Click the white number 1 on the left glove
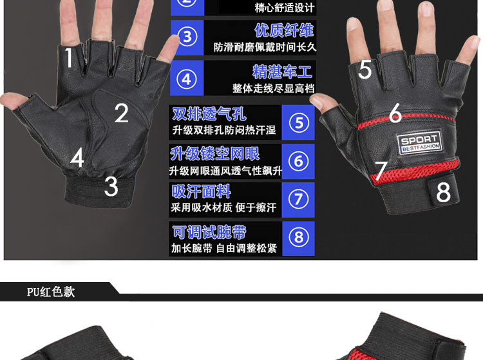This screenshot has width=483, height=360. pyautogui.click(x=69, y=59)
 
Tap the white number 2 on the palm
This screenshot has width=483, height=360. pyautogui.click(x=122, y=113)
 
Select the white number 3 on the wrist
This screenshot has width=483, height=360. pyautogui.click(x=111, y=186)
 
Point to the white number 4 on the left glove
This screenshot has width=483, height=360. pyautogui.click(x=77, y=158)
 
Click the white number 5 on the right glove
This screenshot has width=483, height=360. pyautogui.click(x=365, y=70)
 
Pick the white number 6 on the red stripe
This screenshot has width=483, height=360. pyautogui.click(x=395, y=113)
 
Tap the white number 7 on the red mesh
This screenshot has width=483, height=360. pyautogui.click(x=381, y=171)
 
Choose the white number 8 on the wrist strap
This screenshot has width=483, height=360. pyautogui.click(x=443, y=191)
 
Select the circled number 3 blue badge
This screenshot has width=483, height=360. pyautogui.click(x=187, y=37)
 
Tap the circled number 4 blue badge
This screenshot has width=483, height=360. pyautogui.click(x=187, y=79)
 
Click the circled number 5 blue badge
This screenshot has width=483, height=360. pyautogui.click(x=298, y=122)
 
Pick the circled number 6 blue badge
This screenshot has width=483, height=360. pyautogui.click(x=298, y=161)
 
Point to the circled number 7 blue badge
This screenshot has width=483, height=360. pyautogui.click(x=298, y=200)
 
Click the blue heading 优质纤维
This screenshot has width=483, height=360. pyautogui.click(x=284, y=30)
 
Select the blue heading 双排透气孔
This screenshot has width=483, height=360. pyautogui.click(x=209, y=115)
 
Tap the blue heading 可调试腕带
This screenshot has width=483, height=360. pyautogui.click(x=209, y=232)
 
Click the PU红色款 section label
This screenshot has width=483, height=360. pyautogui.click(x=51, y=292)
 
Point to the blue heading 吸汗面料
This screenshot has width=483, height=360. pyautogui.click(x=201, y=192)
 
